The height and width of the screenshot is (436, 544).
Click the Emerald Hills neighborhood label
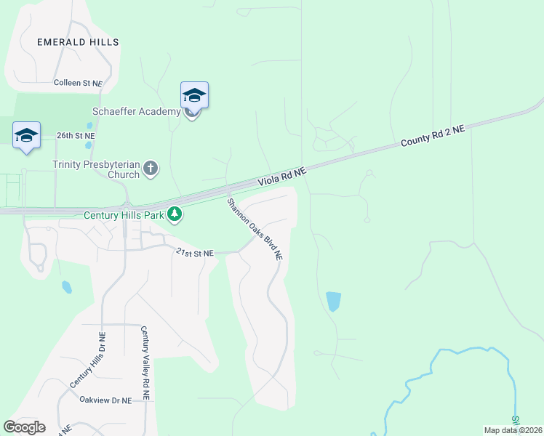pyautogui.click(x=78, y=43)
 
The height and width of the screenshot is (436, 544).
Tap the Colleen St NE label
pyautogui.click(x=78, y=84)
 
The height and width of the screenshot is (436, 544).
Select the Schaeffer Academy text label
pyautogui.click(x=136, y=111)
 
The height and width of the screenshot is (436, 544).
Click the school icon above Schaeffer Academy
pyautogui.click(x=194, y=95)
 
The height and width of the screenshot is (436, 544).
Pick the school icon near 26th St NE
pyautogui.click(x=27, y=135)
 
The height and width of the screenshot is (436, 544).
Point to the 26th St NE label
pyautogui.click(x=76, y=136)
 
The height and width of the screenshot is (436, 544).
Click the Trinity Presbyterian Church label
pyautogui.click(x=96, y=169)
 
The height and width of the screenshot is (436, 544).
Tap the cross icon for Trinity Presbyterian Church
pyautogui.click(x=151, y=169)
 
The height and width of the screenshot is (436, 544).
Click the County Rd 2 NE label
pyautogui.click(x=432, y=136)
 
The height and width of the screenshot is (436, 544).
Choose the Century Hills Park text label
pyautogui.click(x=124, y=215)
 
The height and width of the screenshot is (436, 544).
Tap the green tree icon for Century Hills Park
pyautogui.click(x=175, y=214)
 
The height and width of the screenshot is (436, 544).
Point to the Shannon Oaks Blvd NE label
pyautogui.click(x=254, y=229)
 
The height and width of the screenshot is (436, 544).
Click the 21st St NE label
pyautogui.click(x=194, y=253)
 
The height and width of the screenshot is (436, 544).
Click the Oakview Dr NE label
pyautogui.click(x=105, y=400)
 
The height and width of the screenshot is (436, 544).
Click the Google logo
pyautogui.click(x=24, y=427)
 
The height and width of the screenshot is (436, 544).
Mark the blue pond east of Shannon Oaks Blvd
pyautogui.click(x=333, y=301)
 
